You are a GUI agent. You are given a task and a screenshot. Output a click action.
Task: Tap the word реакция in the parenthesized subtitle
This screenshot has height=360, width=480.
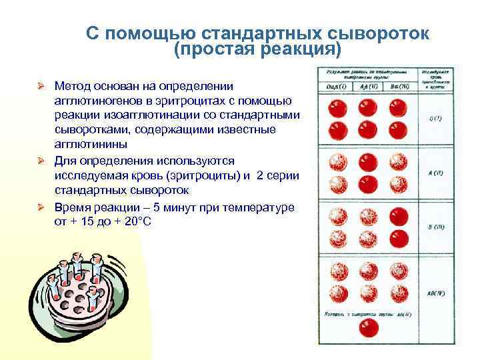coord(293,51)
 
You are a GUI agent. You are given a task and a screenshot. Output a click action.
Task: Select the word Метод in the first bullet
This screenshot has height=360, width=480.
coord(75,87)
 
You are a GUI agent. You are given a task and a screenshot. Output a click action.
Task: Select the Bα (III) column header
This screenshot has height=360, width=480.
coord(399,87)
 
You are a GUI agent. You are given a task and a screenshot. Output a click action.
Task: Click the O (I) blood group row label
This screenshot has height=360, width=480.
coord(436,119)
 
